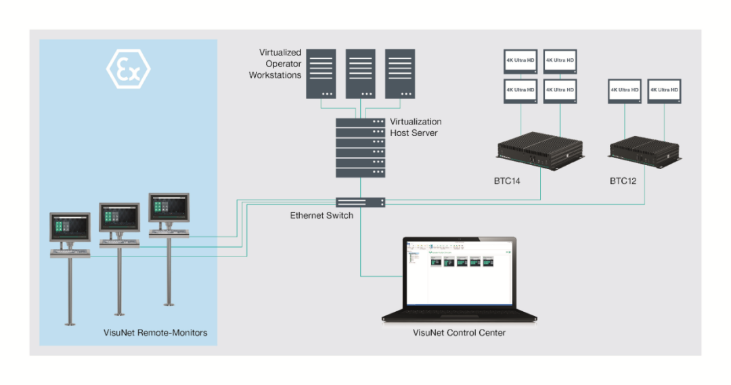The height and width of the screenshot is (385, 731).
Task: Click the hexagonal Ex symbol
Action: (129, 69)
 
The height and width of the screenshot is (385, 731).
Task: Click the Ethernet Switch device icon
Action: (360, 202)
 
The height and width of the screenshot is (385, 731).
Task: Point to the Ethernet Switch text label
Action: (321, 216)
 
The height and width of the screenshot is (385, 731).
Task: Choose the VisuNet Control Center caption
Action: (459, 333)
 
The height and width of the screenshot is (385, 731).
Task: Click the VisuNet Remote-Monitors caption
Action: (155, 333)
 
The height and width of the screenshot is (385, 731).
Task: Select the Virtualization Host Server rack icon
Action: (360, 148)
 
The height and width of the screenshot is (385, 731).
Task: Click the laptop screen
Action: (459, 274)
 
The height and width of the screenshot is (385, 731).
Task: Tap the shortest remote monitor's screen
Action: (70, 228)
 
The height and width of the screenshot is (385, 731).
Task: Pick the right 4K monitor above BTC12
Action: (664, 91)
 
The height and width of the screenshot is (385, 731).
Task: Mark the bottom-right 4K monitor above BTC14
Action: (560, 91)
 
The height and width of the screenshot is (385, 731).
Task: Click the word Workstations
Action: (275, 75)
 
